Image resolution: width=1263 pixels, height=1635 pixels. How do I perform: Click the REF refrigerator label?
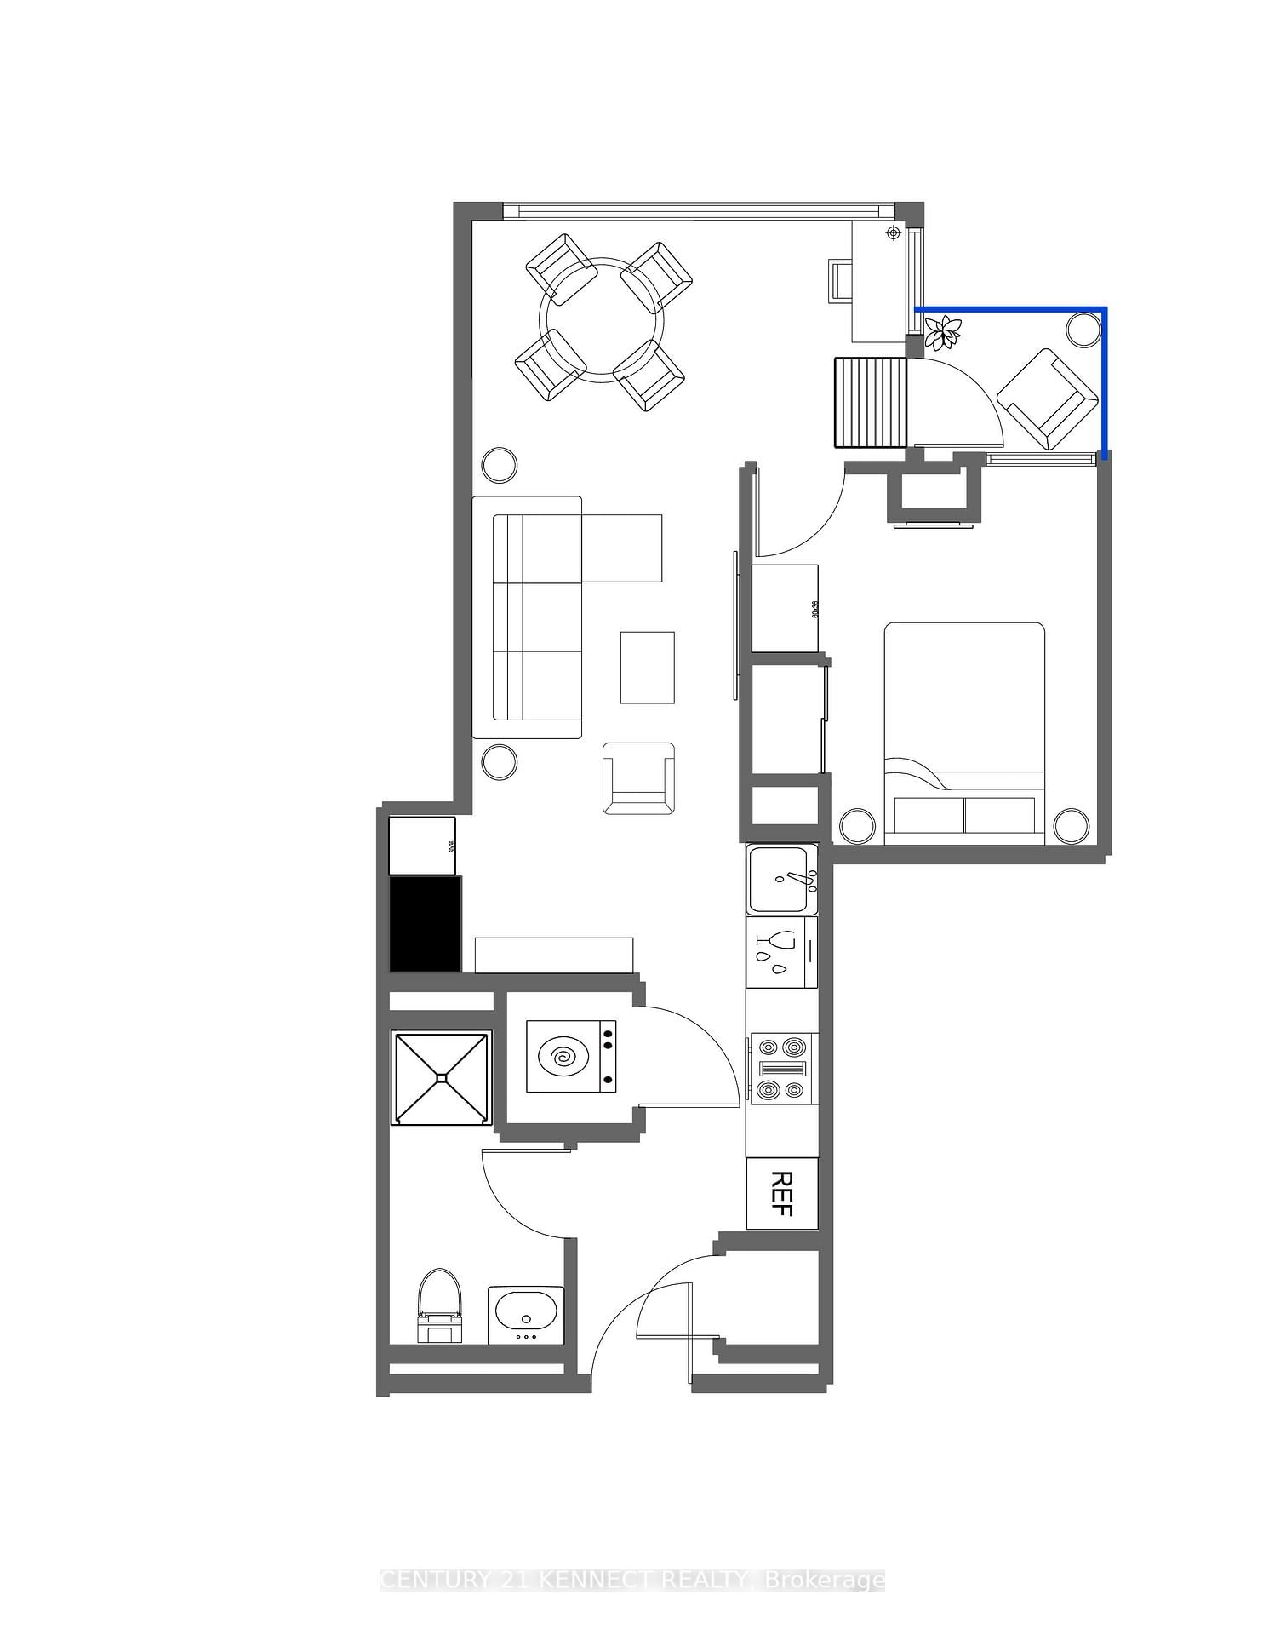tap(782, 1194)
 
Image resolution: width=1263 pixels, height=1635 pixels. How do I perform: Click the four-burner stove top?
tap(782, 1068)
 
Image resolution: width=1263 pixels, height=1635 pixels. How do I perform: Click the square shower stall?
tap(442, 1078)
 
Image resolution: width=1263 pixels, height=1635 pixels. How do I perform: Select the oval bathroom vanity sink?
tap(525, 1314)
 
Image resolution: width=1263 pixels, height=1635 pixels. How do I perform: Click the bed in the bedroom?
tap(964, 732)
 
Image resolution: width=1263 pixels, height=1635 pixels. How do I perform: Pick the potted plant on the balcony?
tap(943, 331)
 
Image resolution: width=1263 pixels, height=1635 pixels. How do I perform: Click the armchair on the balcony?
tap(1047, 397)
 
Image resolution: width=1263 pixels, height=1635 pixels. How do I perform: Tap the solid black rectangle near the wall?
tap(426, 924)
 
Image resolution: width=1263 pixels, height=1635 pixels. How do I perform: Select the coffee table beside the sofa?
tap(647, 667)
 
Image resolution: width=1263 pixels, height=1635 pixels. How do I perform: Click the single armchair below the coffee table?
tap(638, 777)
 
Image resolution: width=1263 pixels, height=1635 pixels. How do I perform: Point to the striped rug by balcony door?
tap(871, 402)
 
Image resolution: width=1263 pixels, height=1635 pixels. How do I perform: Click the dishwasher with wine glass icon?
tap(781, 951)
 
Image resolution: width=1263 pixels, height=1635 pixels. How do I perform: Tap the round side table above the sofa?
tap(499, 464)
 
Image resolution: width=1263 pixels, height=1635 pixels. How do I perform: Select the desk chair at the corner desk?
tap(839, 280)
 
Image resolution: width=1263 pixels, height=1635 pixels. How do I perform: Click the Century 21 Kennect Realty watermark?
tap(631, 1580)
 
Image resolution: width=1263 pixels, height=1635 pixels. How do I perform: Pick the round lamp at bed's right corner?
tap(1071, 824)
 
